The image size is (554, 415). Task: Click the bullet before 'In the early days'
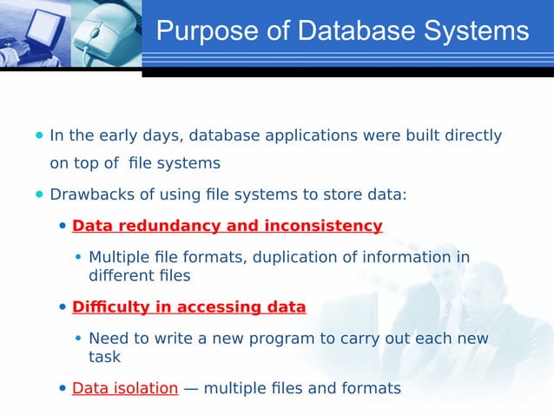39,135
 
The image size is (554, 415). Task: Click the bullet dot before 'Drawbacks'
39,194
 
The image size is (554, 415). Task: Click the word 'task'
104,357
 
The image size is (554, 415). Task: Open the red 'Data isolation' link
125,388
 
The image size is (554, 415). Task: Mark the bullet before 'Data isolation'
63,388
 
